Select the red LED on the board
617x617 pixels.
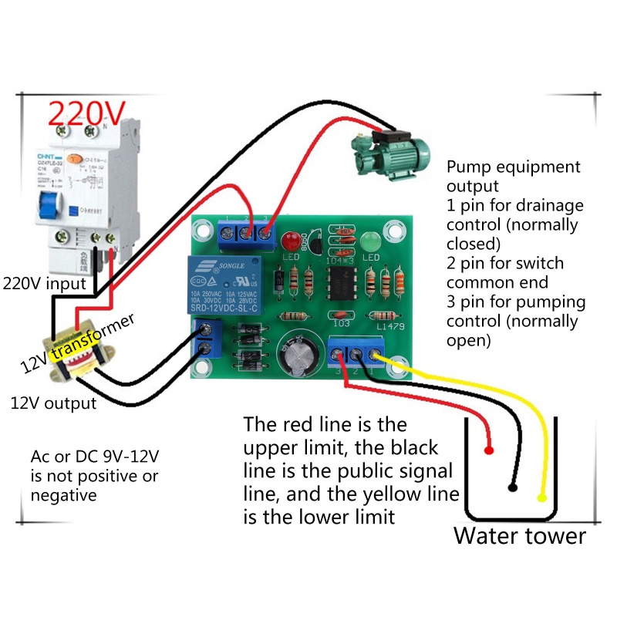(292, 239)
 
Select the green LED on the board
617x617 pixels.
(370, 240)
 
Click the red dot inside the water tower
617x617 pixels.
(488, 450)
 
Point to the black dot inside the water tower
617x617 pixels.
(511, 487)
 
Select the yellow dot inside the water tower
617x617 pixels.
(542, 498)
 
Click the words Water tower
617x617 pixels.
(520, 535)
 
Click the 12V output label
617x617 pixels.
(53, 403)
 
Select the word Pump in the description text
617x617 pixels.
(467, 167)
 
